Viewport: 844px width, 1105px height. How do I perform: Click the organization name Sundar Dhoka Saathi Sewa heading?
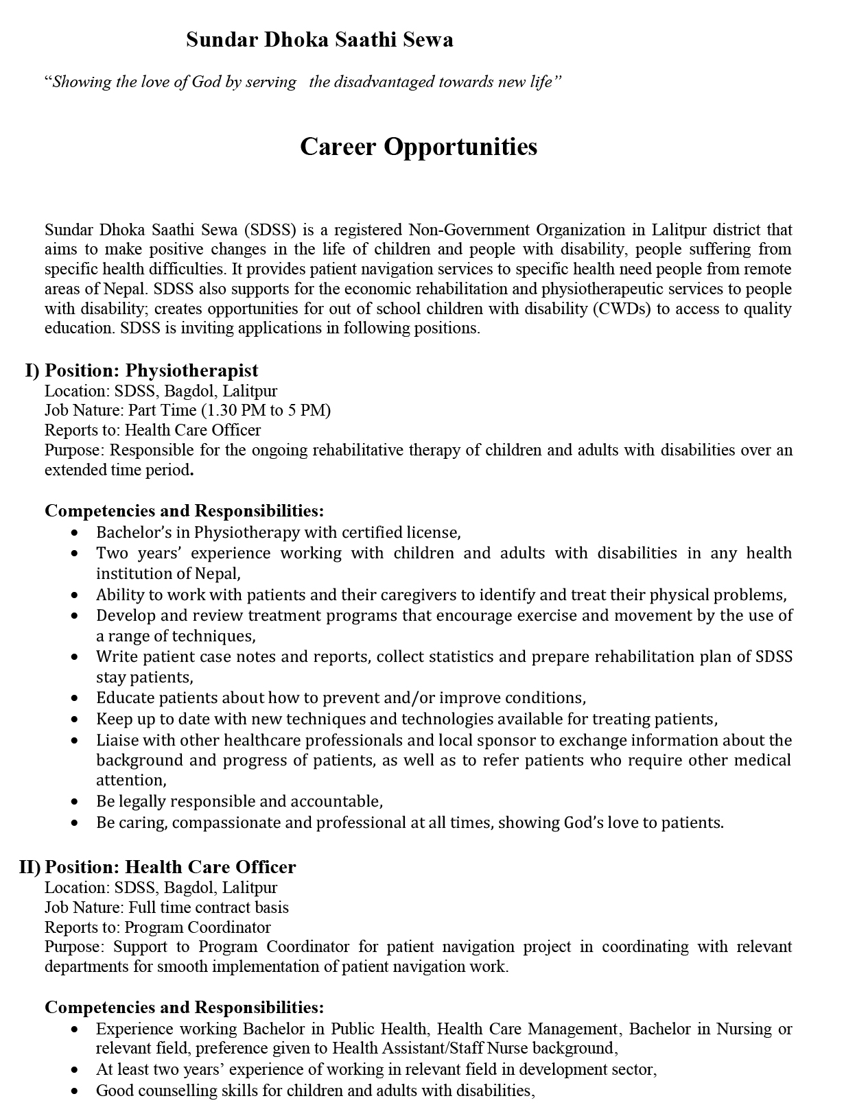319,40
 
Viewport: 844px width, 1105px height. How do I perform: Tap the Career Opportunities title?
419,146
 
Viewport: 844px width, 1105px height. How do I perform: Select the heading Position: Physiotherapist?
151,370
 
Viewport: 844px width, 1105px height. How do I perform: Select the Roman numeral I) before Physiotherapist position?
32,370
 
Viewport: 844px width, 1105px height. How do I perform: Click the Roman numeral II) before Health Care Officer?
30,867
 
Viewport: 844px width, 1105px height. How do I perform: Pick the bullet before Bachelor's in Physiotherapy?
75,533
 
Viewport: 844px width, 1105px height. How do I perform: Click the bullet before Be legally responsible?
75,802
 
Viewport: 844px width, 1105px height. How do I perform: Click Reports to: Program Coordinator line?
158,927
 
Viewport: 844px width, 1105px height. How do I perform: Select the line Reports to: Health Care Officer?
152,430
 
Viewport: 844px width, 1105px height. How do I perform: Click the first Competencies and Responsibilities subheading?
184,511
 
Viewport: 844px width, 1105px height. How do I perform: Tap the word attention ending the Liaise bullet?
130,781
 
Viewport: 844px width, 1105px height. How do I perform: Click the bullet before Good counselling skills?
75,1091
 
